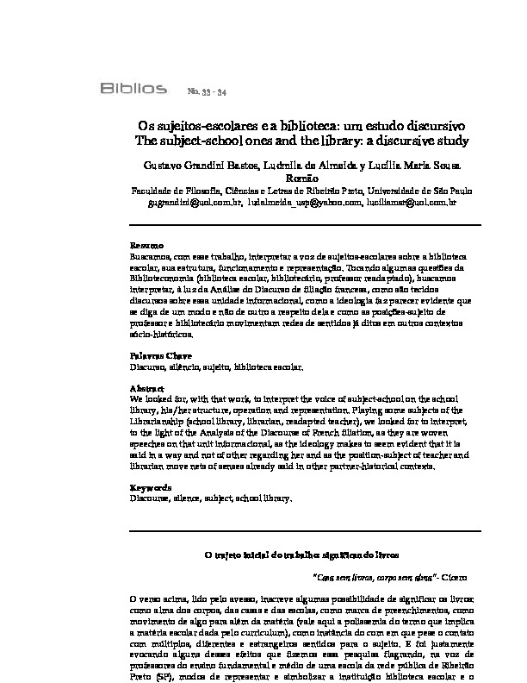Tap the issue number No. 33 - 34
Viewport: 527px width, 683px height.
tap(207, 90)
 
